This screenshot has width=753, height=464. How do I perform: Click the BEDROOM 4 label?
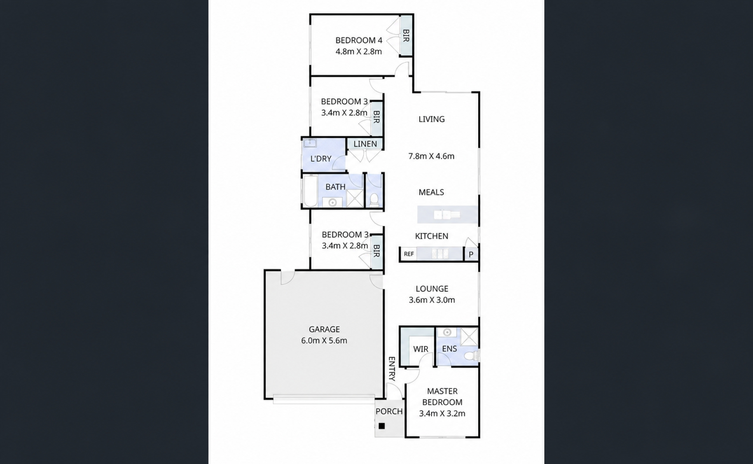click(358, 40)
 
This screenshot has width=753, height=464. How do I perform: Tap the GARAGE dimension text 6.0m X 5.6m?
click(324, 341)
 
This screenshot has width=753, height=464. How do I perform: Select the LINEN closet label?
click(365, 144)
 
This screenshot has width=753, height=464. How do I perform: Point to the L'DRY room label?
click(321, 159)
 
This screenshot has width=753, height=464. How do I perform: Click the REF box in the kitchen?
click(409, 254)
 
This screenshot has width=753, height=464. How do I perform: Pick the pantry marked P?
click(471, 254)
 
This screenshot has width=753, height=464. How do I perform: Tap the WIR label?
click(421, 349)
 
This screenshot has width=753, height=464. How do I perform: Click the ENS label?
click(449, 349)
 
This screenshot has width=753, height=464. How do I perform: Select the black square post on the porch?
click(382, 426)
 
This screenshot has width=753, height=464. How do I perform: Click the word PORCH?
click(389, 411)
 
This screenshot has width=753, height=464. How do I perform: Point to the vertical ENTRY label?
click(391, 369)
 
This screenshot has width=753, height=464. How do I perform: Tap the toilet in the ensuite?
click(471, 356)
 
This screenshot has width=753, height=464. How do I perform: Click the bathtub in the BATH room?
click(310, 191)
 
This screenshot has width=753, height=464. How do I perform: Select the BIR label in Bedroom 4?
click(406, 36)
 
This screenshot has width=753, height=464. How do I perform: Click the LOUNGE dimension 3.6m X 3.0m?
click(432, 300)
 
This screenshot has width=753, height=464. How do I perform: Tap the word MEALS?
click(431, 192)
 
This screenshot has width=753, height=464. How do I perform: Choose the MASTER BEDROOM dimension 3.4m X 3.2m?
click(442, 413)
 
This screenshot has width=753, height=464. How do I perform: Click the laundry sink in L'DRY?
click(310, 143)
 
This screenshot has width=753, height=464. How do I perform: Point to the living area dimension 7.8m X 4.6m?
click(431, 156)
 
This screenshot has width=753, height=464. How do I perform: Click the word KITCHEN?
click(431, 236)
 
